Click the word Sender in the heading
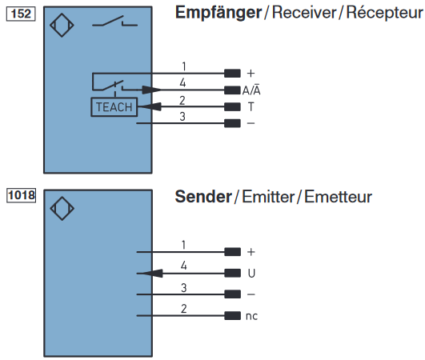(x=202, y=197)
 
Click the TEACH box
(x=114, y=106)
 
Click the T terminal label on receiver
(x=251, y=107)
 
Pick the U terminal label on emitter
(x=251, y=273)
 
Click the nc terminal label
(x=252, y=316)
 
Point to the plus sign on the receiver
(x=251, y=74)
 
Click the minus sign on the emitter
(x=251, y=294)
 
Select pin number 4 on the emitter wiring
(x=183, y=265)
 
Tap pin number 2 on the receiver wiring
(x=183, y=99)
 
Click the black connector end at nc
(x=232, y=316)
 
